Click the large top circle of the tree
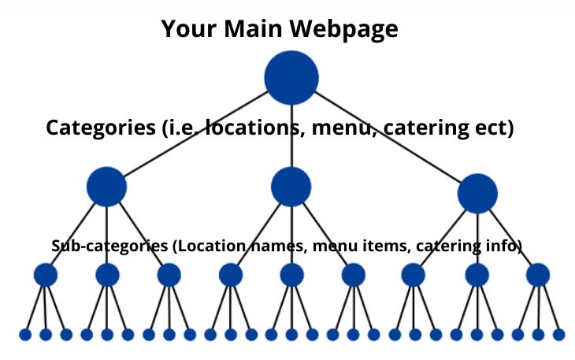[291, 77]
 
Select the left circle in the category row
[106, 187]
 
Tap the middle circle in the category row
[291, 187]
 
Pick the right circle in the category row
[477, 194]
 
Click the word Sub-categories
[109, 246]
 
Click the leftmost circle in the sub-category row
[46, 275]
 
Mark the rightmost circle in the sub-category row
[538, 275]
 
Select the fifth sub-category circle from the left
[291, 275]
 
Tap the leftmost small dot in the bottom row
[25, 335]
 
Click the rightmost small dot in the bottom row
[558, 335]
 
